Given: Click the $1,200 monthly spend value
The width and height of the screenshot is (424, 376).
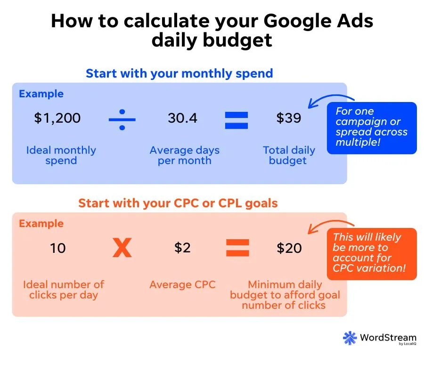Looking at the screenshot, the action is (x=57, y=118).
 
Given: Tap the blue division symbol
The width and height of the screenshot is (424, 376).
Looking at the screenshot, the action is (x=122, y=119).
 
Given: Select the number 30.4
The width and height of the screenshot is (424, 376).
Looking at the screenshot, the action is (x=182, y=118).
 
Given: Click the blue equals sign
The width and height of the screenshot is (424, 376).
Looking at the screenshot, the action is (x=236, y=120).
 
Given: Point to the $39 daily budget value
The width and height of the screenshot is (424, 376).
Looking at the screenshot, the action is (x=288, y=118).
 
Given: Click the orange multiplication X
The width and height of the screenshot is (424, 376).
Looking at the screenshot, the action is (x=122, y=247).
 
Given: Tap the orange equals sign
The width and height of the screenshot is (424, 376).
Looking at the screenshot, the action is (x=237, y=248).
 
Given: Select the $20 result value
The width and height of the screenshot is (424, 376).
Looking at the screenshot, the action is (x=289, y=248).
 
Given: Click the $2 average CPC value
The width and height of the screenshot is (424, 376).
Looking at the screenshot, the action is (x=182, y=248).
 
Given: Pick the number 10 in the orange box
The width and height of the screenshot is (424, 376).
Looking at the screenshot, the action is (x=58, y=248).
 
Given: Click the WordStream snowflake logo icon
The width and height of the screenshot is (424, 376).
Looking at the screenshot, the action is (x=350, y=338).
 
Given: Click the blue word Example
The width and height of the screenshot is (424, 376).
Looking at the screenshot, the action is (x=41, y=94).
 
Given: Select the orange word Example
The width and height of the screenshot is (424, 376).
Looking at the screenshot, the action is (x=41, y=224).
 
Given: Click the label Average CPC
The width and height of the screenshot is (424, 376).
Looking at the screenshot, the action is (x=182, y=284).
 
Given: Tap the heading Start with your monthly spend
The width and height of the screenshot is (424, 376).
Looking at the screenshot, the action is (x=179, y=74).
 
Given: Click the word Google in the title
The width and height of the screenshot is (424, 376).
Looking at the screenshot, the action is (x=297, y=22).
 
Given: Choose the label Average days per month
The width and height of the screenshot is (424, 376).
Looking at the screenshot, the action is (x=185, y=156).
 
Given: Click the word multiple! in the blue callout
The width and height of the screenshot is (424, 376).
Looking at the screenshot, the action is (x=358, y=142).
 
